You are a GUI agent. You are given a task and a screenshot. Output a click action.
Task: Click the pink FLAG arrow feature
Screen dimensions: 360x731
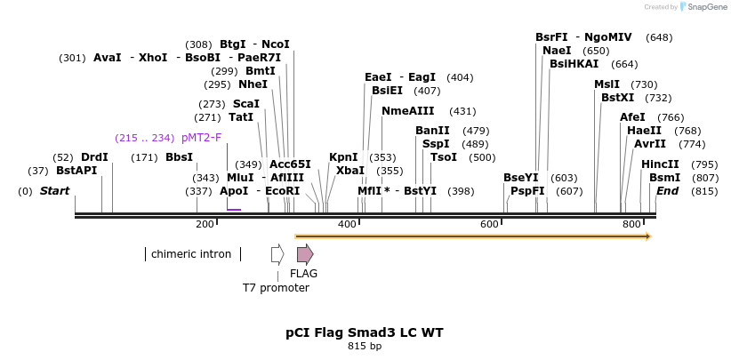pos(304,254)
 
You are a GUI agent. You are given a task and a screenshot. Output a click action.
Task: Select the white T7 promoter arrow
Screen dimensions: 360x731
pos(277,254)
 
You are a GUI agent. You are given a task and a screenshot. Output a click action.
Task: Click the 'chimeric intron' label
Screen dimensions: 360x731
pos(191,254)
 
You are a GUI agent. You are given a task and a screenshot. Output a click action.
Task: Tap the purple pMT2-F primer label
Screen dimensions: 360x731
pos(201,138)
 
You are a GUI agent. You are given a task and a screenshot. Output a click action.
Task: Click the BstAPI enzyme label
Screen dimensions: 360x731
pos(76,171)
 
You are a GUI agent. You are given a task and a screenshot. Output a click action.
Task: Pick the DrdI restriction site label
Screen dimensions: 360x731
pos(94,157)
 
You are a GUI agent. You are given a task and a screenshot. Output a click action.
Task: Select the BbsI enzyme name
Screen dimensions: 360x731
pos(179,157)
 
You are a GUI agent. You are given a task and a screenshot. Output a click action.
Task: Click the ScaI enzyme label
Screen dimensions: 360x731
pos(246,104)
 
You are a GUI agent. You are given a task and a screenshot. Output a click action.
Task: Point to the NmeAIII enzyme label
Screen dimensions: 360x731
pos(408,111)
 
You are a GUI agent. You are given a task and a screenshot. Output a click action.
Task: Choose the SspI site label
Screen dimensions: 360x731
pos(436,144)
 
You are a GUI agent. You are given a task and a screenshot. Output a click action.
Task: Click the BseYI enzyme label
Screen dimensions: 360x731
pos(521,178)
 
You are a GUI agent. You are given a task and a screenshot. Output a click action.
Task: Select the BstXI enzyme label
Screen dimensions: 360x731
pos(618,98)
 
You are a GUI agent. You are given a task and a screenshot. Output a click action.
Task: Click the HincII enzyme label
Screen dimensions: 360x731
pos(660,164)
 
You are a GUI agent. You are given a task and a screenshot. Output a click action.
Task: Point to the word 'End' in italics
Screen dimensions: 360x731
pos(667,191)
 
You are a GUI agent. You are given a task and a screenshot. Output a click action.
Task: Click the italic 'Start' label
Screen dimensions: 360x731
pos(54,191)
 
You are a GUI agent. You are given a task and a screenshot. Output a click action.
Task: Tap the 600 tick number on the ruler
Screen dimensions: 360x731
pos(489,224)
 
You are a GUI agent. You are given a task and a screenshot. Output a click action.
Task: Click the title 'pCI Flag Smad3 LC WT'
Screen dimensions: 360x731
pos(365,332)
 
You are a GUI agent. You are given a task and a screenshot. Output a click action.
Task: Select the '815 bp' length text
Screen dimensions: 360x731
pos(365,346)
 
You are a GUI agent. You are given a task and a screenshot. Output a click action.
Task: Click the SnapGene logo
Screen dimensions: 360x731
pos(702,7)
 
